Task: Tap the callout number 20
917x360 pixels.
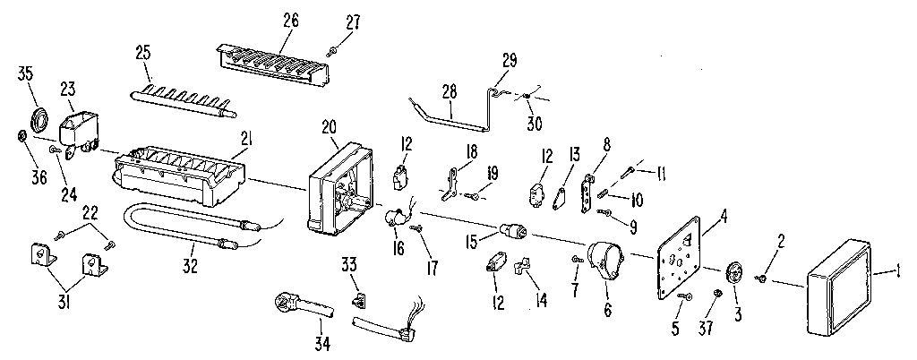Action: [329, 126]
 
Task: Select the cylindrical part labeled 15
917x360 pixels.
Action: [512, 230]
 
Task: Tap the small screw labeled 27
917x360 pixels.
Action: [333, 53]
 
